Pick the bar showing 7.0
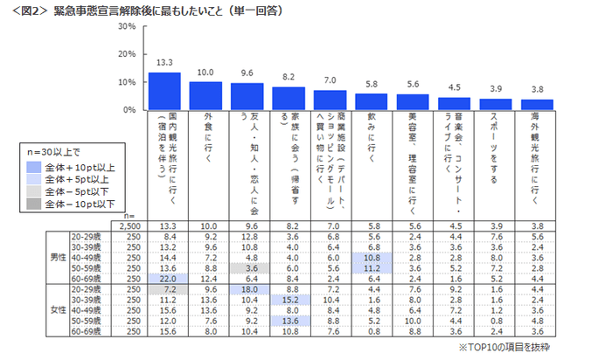(x=330, y=100)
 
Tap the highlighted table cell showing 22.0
(x=164, y=278)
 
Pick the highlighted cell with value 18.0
(x=247, y=287)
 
